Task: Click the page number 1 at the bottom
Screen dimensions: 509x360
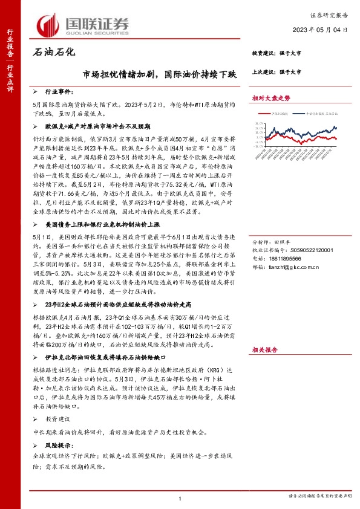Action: tap(180, 498)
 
